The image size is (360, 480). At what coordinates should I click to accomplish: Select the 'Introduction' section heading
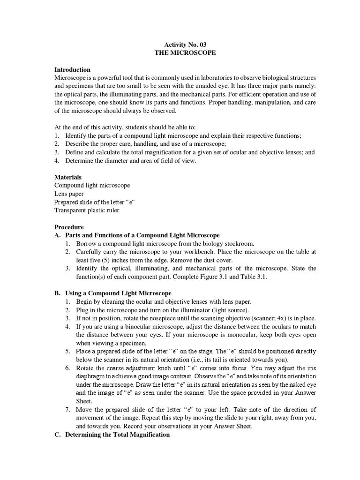coord(73,69)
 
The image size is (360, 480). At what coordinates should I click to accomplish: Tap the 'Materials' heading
coord(68,177)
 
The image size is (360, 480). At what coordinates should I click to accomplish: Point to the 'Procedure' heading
coord(69,227)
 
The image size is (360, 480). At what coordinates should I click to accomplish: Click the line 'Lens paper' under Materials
coord(69,194)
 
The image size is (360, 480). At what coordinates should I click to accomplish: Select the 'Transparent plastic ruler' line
coord(87,210)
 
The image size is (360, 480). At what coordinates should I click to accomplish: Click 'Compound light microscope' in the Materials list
coord(92,186)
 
